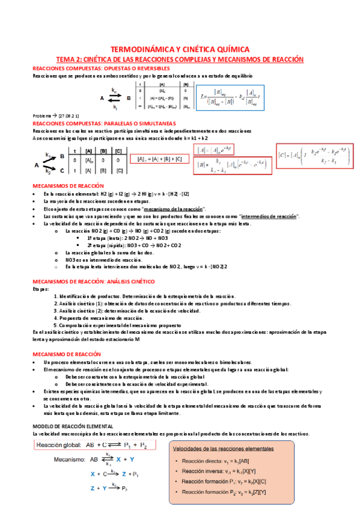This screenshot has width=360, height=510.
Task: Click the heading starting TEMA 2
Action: coord(180,60)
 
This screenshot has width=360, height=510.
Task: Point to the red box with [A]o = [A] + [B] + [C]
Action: coord(159,159)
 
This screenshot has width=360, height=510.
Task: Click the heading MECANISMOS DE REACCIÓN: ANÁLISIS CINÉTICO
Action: coord(94,281)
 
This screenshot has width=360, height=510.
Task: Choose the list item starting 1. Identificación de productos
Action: coord(144,296)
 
